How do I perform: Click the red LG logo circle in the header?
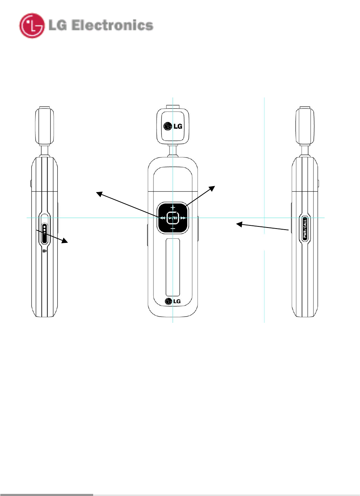coord(32,26)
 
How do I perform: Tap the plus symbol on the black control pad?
coord(173,208)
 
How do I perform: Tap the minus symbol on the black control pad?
coord(173,229)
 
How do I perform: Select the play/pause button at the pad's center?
coord(173,218)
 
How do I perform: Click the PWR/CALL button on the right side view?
coord(305,229)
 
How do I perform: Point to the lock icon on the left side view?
coord(44,251)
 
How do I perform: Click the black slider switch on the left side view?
coord(44,233)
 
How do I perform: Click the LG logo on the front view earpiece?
coord(173,126)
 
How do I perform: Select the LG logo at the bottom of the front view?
coord(173,301)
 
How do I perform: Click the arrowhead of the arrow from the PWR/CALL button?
coord(238,224)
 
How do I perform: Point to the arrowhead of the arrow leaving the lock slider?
coord(66,241)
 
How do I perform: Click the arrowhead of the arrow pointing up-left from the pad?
coord(99,193)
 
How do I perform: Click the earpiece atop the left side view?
coord(44,126)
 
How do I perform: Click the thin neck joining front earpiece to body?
coord(173,151)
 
